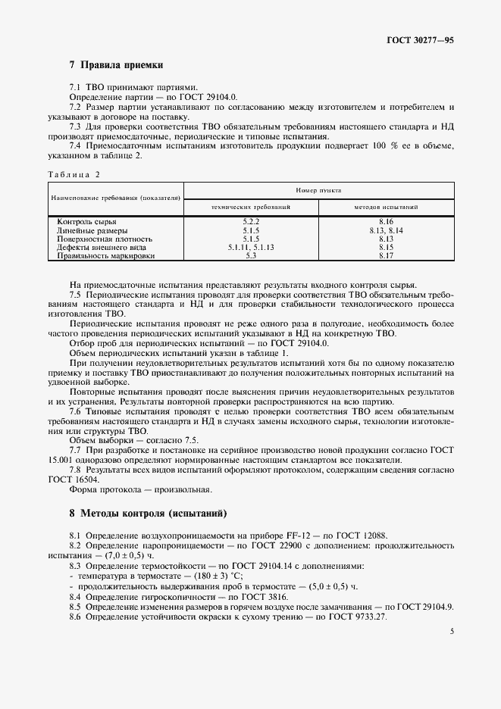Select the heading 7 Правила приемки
(x=116, y=65)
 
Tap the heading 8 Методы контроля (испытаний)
(x=148, y=513)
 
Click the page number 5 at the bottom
(x=451, y=630)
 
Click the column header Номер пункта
(x=319, y=191)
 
